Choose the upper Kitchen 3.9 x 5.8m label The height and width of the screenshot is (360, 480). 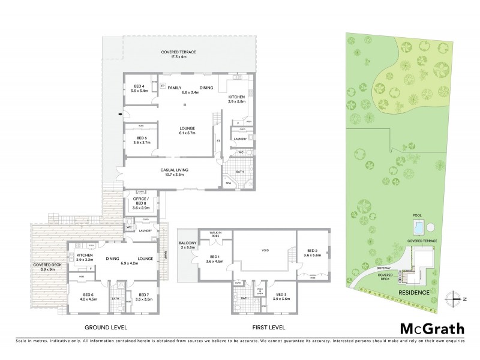pos(236,100)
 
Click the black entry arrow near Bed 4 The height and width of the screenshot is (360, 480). pos(121,114)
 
